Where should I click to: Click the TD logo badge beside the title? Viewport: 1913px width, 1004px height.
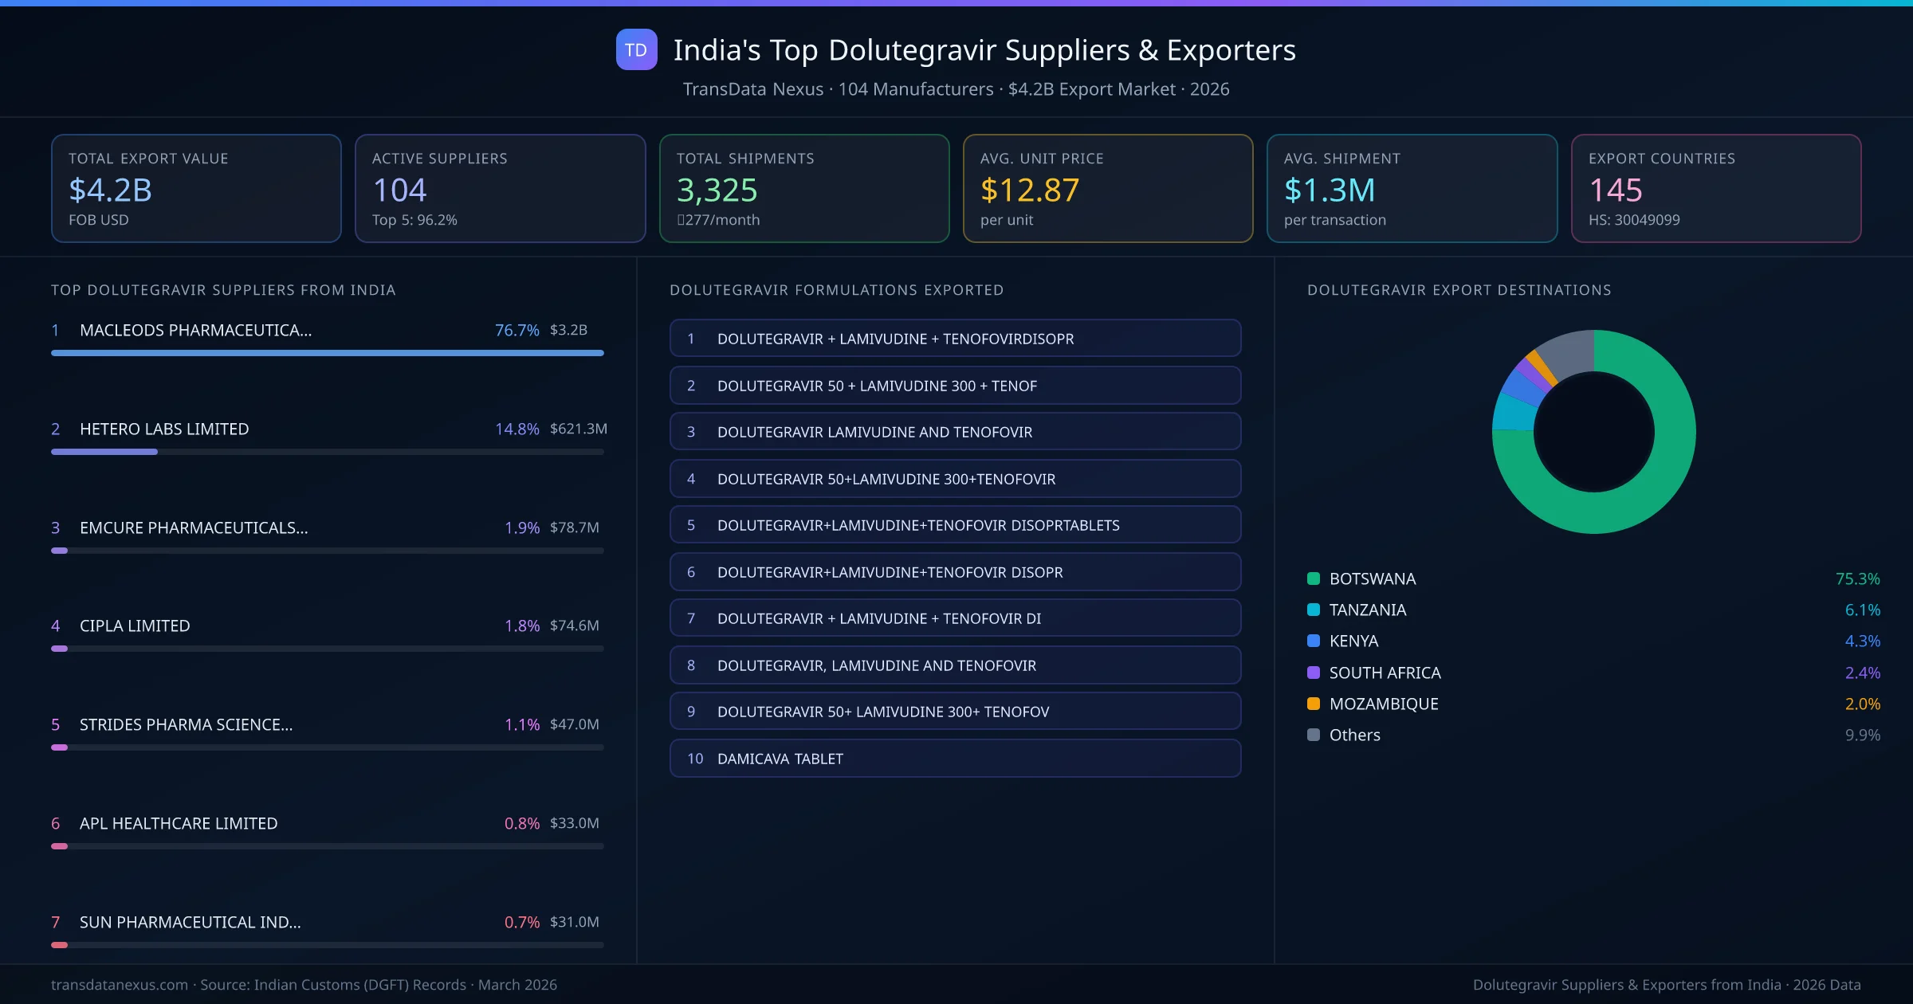pos(636,49)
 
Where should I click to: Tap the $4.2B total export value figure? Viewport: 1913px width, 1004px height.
pos(110,190)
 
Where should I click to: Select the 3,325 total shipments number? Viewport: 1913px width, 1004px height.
pos(717,190)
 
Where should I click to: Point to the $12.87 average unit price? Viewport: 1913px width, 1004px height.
pos(1029,190)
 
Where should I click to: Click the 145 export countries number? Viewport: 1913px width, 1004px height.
pos(1615,190)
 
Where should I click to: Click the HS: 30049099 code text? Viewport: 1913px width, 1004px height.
pos(1633,220)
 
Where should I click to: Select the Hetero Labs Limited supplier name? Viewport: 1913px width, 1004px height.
pos(164,429)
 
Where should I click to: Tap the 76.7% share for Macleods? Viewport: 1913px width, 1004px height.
pos(517,330)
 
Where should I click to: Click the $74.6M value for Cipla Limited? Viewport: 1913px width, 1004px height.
pos(574,626)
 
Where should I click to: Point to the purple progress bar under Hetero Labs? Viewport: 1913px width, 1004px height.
pos(104,452)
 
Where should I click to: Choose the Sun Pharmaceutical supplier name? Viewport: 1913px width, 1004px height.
pos(190,922)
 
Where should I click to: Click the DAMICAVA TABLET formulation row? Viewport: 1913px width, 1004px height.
pos(955,759)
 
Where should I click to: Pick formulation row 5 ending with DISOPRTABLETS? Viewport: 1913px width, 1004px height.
pos(955,525)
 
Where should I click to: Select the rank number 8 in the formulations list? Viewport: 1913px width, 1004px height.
pos(691,665)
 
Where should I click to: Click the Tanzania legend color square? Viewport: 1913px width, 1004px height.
pos(1314,610)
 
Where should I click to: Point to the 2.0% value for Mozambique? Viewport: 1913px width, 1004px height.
pos(1862,704)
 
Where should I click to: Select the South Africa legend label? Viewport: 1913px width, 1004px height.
pos(1385,673)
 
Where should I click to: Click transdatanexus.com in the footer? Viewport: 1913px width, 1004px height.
pos(120,985)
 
